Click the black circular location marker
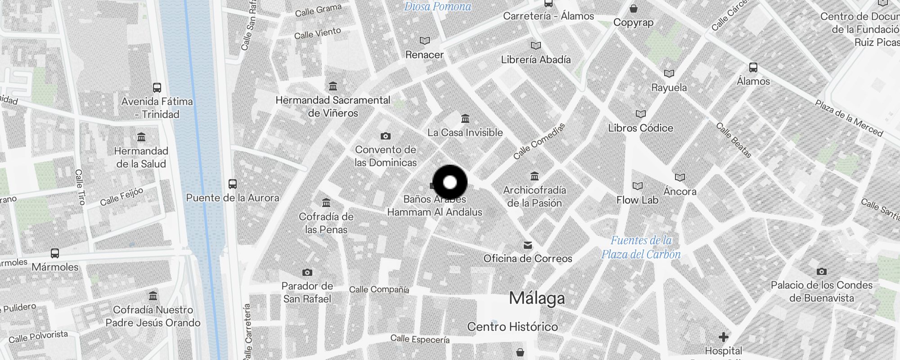click(x=450, y=182)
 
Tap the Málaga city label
click(x=536, y=298)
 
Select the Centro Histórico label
click(x=512, y=327)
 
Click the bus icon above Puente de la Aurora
click(x=232, y=184)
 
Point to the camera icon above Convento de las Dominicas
click(x=385, y=136)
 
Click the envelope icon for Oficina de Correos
click(x=527, y=245)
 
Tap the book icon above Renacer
click(x=424, y=41)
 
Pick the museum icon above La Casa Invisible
click(x=465, y=119)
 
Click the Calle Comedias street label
click(x=539, y=141)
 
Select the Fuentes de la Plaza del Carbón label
click(x=641, y=247)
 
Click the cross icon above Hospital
click(x=723, y=337)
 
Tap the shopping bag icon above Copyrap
click(x=633, y=9)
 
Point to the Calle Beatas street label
click(x=733, y=140)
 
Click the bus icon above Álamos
click(x=753, y=67)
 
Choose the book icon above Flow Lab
click(x=637, y=186)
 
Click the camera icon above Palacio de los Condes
click(x=821, y=271)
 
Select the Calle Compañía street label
click(x=379, y=289)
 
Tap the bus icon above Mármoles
click(x=55, y=253)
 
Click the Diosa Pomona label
click(x=437, y=6)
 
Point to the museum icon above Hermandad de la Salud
click(x=141, y=137)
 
